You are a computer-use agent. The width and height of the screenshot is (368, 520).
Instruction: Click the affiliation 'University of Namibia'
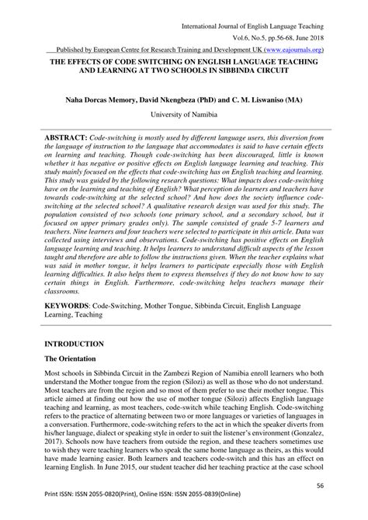point(184,115)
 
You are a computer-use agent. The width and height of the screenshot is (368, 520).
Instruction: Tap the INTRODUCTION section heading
point(74,342)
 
